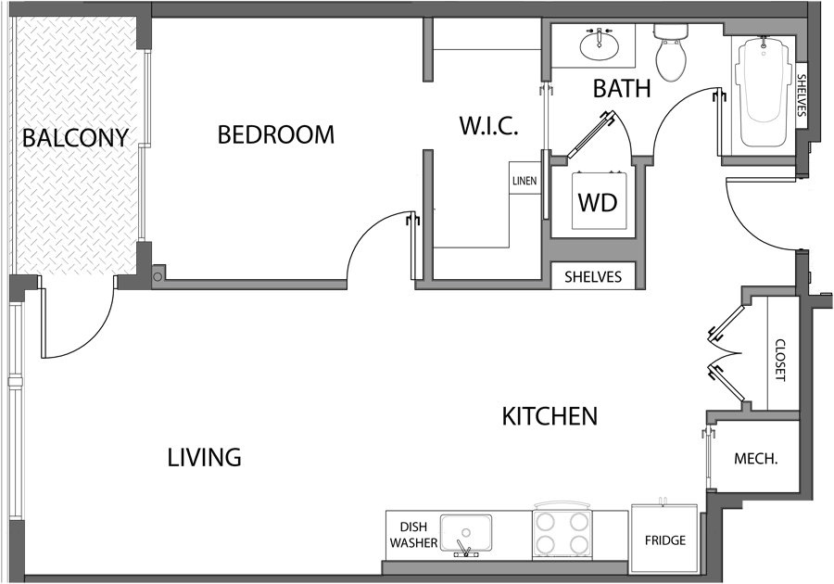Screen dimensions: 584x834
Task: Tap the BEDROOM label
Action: [x=275, y=134]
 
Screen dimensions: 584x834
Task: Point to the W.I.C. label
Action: [x=487, y=126]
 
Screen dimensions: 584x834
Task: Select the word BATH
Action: [x=621, y=89]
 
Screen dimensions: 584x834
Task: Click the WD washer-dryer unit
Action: [x=597, y=201]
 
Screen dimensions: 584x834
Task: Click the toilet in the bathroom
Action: [x=670, y=55]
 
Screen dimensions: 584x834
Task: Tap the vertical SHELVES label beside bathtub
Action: [x=802, y=100]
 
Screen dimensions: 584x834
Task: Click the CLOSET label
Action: [x=779, y=359]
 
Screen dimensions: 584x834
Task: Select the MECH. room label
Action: [x=755, y=459]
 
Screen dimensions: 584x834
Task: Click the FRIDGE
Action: [x=664, y=540]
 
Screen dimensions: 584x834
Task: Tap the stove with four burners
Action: [x=562, y=533]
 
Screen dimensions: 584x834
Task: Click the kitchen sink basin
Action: [x=466, y=534]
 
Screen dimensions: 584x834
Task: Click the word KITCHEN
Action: [x=550, y=416]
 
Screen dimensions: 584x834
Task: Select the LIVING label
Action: [x=205, y=457]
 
